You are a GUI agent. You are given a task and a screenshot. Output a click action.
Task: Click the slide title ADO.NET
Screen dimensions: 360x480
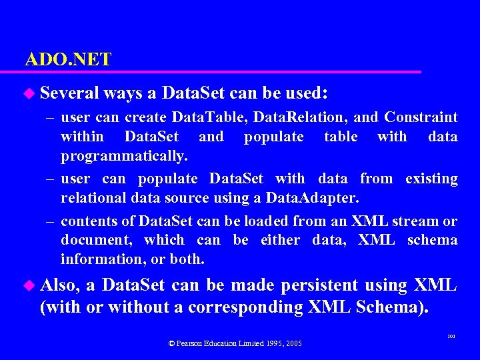(68, 59)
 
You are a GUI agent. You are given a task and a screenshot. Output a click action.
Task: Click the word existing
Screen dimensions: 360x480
(431, 179)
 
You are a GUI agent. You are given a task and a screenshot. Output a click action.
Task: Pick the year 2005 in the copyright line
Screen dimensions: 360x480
(293, 343)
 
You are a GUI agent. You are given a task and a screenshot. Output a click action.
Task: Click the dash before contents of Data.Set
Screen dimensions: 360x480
(51, 221)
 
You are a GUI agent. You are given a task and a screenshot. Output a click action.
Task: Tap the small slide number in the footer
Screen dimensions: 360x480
(451, 338)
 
